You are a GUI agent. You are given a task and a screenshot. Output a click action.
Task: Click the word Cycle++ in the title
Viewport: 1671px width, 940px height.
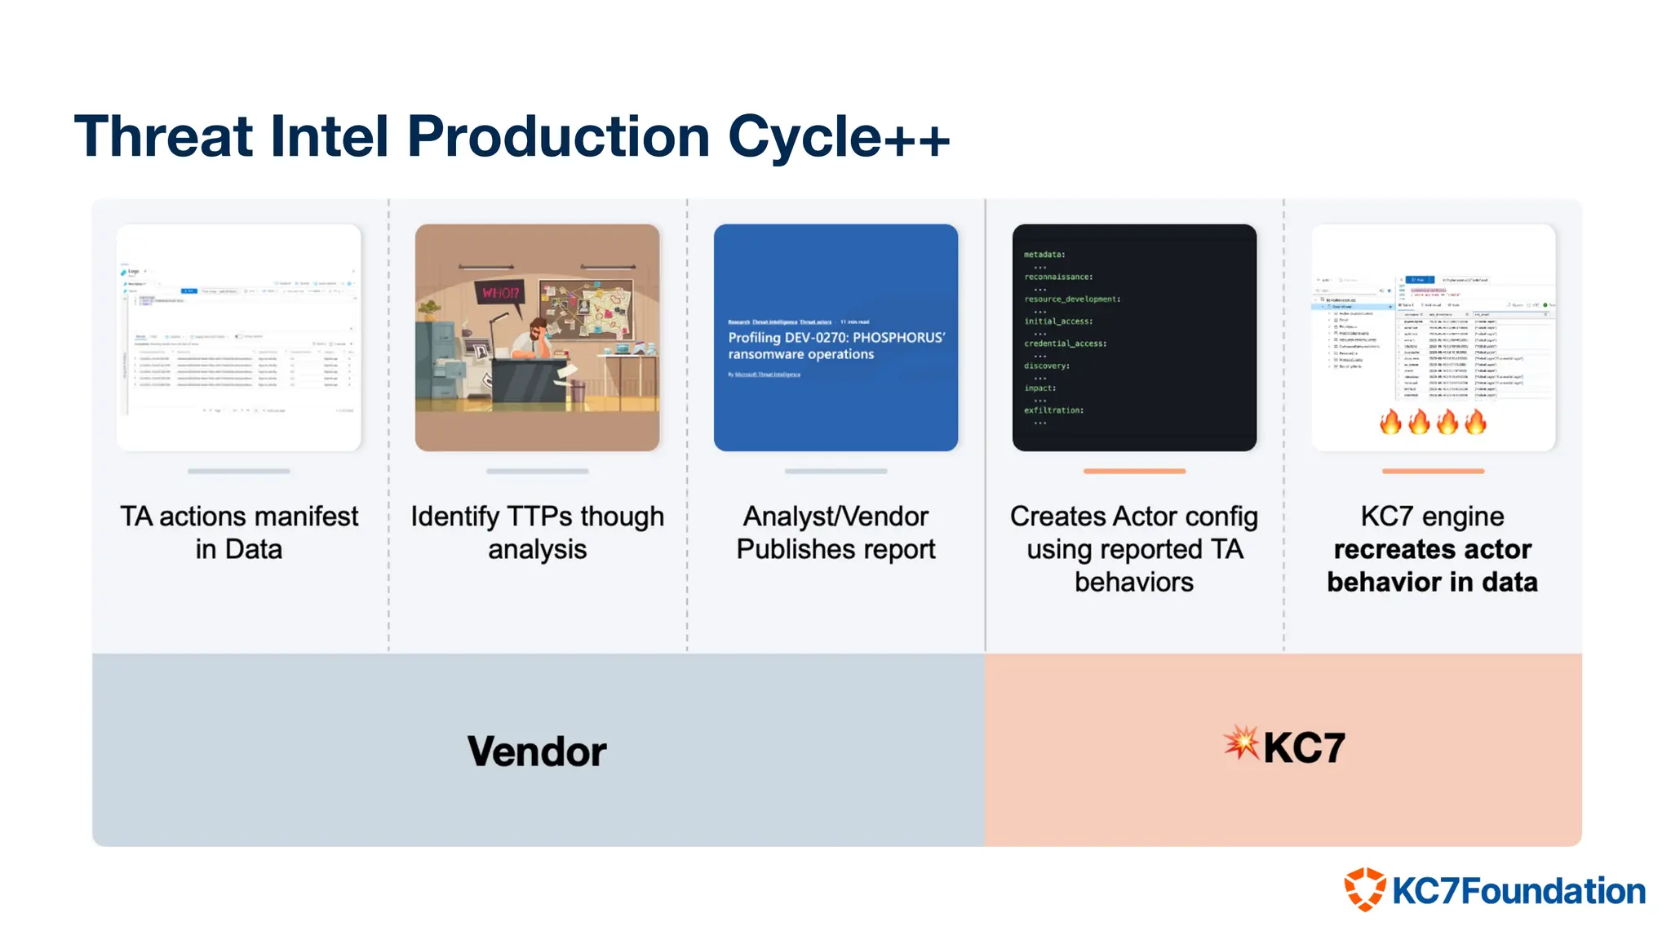[x=838, y=136]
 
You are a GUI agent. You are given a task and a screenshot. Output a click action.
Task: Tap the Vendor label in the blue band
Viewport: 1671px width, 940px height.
[x=537, y=751]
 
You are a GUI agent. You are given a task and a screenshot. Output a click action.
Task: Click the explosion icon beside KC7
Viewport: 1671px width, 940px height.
[x=1241, y=743]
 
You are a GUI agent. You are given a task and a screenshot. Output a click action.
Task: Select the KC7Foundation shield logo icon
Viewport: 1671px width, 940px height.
[x=1365, y=889]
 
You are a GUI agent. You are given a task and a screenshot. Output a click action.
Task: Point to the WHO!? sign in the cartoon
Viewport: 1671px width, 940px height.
[x=500, y=292]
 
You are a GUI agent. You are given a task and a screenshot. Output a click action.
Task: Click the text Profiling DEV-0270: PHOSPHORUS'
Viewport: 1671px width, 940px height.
[x=836, y=337]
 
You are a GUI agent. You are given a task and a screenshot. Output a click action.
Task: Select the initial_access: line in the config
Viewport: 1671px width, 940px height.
[x=1058, y=321]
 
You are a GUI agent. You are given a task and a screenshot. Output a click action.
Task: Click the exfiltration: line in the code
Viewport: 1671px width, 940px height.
[x=1053, y=410]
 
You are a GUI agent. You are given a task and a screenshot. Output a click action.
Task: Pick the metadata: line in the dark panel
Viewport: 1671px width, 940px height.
[x=1044, y=255]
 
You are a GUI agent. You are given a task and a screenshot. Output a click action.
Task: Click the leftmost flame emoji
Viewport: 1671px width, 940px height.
[x=1390, y=422]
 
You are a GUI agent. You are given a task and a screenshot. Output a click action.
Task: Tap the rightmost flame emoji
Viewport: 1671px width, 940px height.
[x=1475, y=422]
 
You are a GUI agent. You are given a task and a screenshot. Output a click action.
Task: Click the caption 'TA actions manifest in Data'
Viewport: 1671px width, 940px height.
[x=238, y=532]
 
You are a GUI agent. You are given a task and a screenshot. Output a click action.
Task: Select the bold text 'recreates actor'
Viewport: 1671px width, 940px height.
[x=1432, y=549]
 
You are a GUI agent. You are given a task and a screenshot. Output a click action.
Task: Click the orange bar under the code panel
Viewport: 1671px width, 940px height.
[x=1134, y=471]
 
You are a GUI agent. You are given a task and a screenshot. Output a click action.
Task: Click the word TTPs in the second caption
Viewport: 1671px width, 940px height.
[x=539, y=517]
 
